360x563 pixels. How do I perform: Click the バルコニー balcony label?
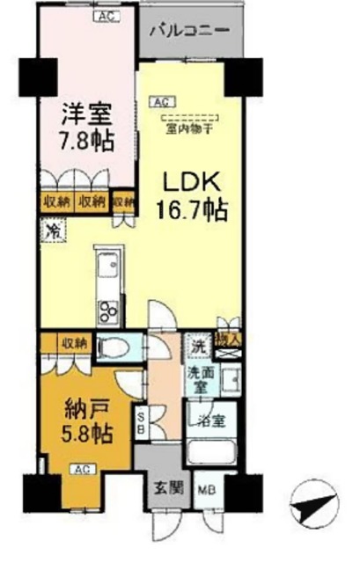point(188,30)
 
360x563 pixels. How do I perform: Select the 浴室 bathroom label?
point(210,420)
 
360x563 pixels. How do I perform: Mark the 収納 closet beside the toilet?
point(74,341)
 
